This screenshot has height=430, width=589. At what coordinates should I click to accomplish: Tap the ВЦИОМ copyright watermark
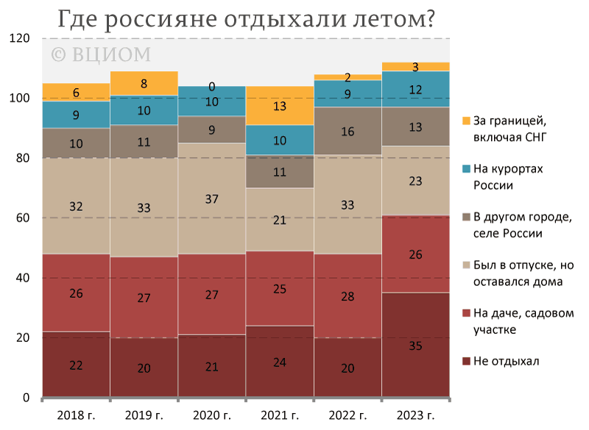pyautogui.click(x=100, y=54)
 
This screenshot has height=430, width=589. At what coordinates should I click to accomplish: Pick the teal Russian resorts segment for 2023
pyautogui.click(x=416, y=89)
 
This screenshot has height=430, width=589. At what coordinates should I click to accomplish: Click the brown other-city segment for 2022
pyautogui.click(x=348, y=131)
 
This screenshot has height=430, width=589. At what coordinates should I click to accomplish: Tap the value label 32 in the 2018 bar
pyautogui.click(x=76, y=207)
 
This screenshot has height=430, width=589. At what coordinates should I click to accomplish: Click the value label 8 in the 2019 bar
pyautogui.click(x=144, y=83)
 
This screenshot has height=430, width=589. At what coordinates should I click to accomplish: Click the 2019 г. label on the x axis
pyautogui.click(x=144, y=415)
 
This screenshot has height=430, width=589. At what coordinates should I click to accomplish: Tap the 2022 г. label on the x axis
pyautogui.click(x=348, y=415)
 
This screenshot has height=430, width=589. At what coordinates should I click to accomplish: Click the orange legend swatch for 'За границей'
pyautogui.click(x=466, y=121)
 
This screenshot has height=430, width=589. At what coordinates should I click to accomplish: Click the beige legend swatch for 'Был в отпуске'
pyautogui.click(x=466, y=264)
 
